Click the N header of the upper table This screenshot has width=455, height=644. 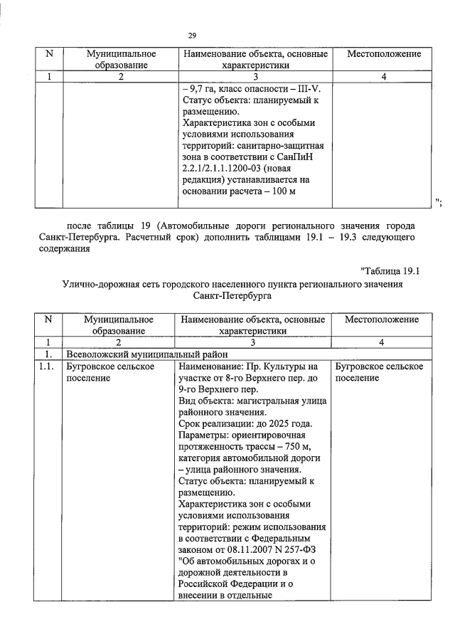(x=48, y=54)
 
